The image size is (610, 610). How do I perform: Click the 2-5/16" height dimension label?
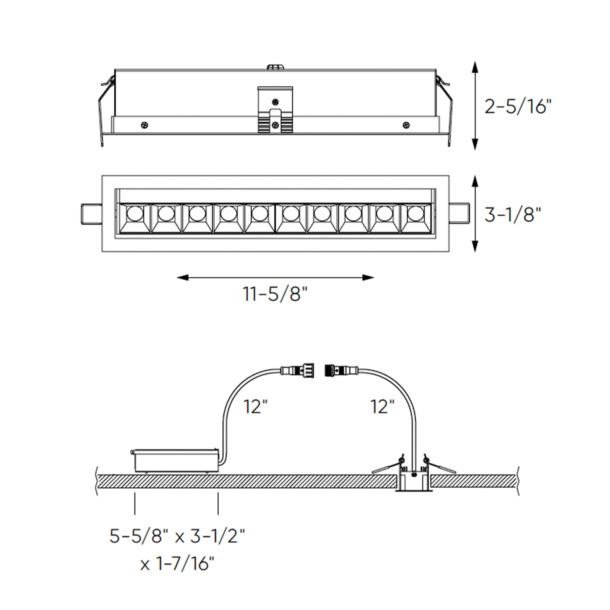click(x=518, y=106)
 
